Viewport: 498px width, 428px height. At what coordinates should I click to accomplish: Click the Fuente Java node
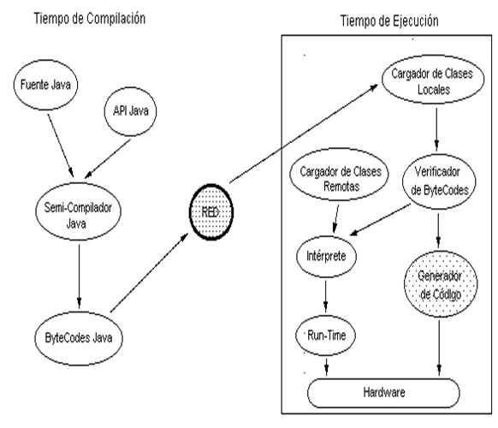tap(45, 85)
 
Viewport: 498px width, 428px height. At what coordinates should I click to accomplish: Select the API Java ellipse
tap(131, 111)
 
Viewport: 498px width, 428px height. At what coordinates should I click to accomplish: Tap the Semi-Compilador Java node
tap(78, 211)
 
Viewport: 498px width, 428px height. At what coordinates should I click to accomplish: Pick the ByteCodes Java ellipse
tap(79, 338)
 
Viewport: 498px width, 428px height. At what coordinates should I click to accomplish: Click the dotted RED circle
tap(211, 212)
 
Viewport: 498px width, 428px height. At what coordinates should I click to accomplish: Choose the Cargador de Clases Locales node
tap(433, 80)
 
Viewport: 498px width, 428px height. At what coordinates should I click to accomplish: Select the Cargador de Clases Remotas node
tap(339, 174)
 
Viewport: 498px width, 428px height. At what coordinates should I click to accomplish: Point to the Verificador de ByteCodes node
tap(439, 181)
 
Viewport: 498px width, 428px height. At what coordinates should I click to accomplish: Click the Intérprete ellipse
tap(326, 256)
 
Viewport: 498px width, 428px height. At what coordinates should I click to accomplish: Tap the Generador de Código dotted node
tap(441, 283)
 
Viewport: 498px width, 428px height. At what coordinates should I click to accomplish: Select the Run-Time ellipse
tap(325, 336)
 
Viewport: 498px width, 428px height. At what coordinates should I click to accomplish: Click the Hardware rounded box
tap(383, 393)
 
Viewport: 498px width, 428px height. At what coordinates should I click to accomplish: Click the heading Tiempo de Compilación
tap(90, 19)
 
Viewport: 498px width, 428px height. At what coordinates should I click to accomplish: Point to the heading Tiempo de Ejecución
tap(389, 21)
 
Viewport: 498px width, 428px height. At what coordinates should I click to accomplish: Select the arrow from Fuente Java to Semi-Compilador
tap(61, 146)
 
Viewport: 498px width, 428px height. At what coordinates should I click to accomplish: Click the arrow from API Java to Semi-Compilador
tap(108, 158)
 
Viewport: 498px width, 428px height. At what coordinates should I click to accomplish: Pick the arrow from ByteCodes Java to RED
tap(149, 272)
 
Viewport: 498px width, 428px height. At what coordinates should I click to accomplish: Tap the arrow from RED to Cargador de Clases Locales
tap(304, 134)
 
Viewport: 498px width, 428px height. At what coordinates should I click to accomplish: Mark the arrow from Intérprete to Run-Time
tap(325, 296)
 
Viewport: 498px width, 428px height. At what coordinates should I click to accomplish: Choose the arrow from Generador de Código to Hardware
tap(439, 348)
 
